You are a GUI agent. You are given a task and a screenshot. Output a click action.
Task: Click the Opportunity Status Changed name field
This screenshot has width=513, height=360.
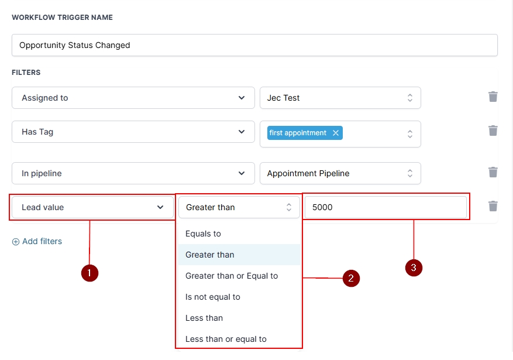[x=254, y=45]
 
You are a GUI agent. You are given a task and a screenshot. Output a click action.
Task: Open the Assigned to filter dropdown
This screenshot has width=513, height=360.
[x=133, y=98]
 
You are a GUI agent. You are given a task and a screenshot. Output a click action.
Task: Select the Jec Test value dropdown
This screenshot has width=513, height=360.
[x=340, y=98]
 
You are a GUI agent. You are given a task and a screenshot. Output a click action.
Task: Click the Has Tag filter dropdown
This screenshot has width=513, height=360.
[x=133, y=132]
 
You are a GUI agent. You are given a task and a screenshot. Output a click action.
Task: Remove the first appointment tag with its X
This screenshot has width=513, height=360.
[x=336, y=133]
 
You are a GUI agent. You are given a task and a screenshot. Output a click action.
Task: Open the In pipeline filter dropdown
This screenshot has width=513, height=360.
[x=133, y=173]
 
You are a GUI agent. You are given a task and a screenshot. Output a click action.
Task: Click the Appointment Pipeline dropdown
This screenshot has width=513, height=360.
[x=340, y=173]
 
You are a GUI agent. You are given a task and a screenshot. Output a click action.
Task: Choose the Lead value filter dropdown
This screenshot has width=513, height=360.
[x=92, y=207]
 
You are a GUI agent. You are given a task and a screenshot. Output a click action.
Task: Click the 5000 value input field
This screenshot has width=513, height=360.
[x=385, y=207]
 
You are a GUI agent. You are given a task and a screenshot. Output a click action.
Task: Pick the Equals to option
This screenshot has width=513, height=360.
[x=204, y=234]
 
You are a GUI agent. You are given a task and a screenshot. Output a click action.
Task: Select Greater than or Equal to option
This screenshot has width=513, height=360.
[x=232, y=276]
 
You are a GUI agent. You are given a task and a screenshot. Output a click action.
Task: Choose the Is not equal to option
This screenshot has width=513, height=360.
[x=213, y=297]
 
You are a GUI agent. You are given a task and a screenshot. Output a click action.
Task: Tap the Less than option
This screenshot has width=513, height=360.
[x=204, y=318]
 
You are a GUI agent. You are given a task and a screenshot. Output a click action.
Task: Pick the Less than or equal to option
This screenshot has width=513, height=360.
[x=226, y=339]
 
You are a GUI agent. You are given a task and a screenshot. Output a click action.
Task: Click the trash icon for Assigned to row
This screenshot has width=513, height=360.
[x=493, y=97]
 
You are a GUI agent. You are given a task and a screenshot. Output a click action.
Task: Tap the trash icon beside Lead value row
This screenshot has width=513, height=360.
[x=493, y=206]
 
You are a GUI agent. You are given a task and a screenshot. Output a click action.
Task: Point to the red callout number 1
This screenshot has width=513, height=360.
[x=89, y=273]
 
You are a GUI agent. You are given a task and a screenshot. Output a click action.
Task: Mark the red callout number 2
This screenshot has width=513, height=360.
[x=351, y=279]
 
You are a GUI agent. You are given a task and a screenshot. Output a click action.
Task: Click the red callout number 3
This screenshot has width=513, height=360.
[x=414, y=268]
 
